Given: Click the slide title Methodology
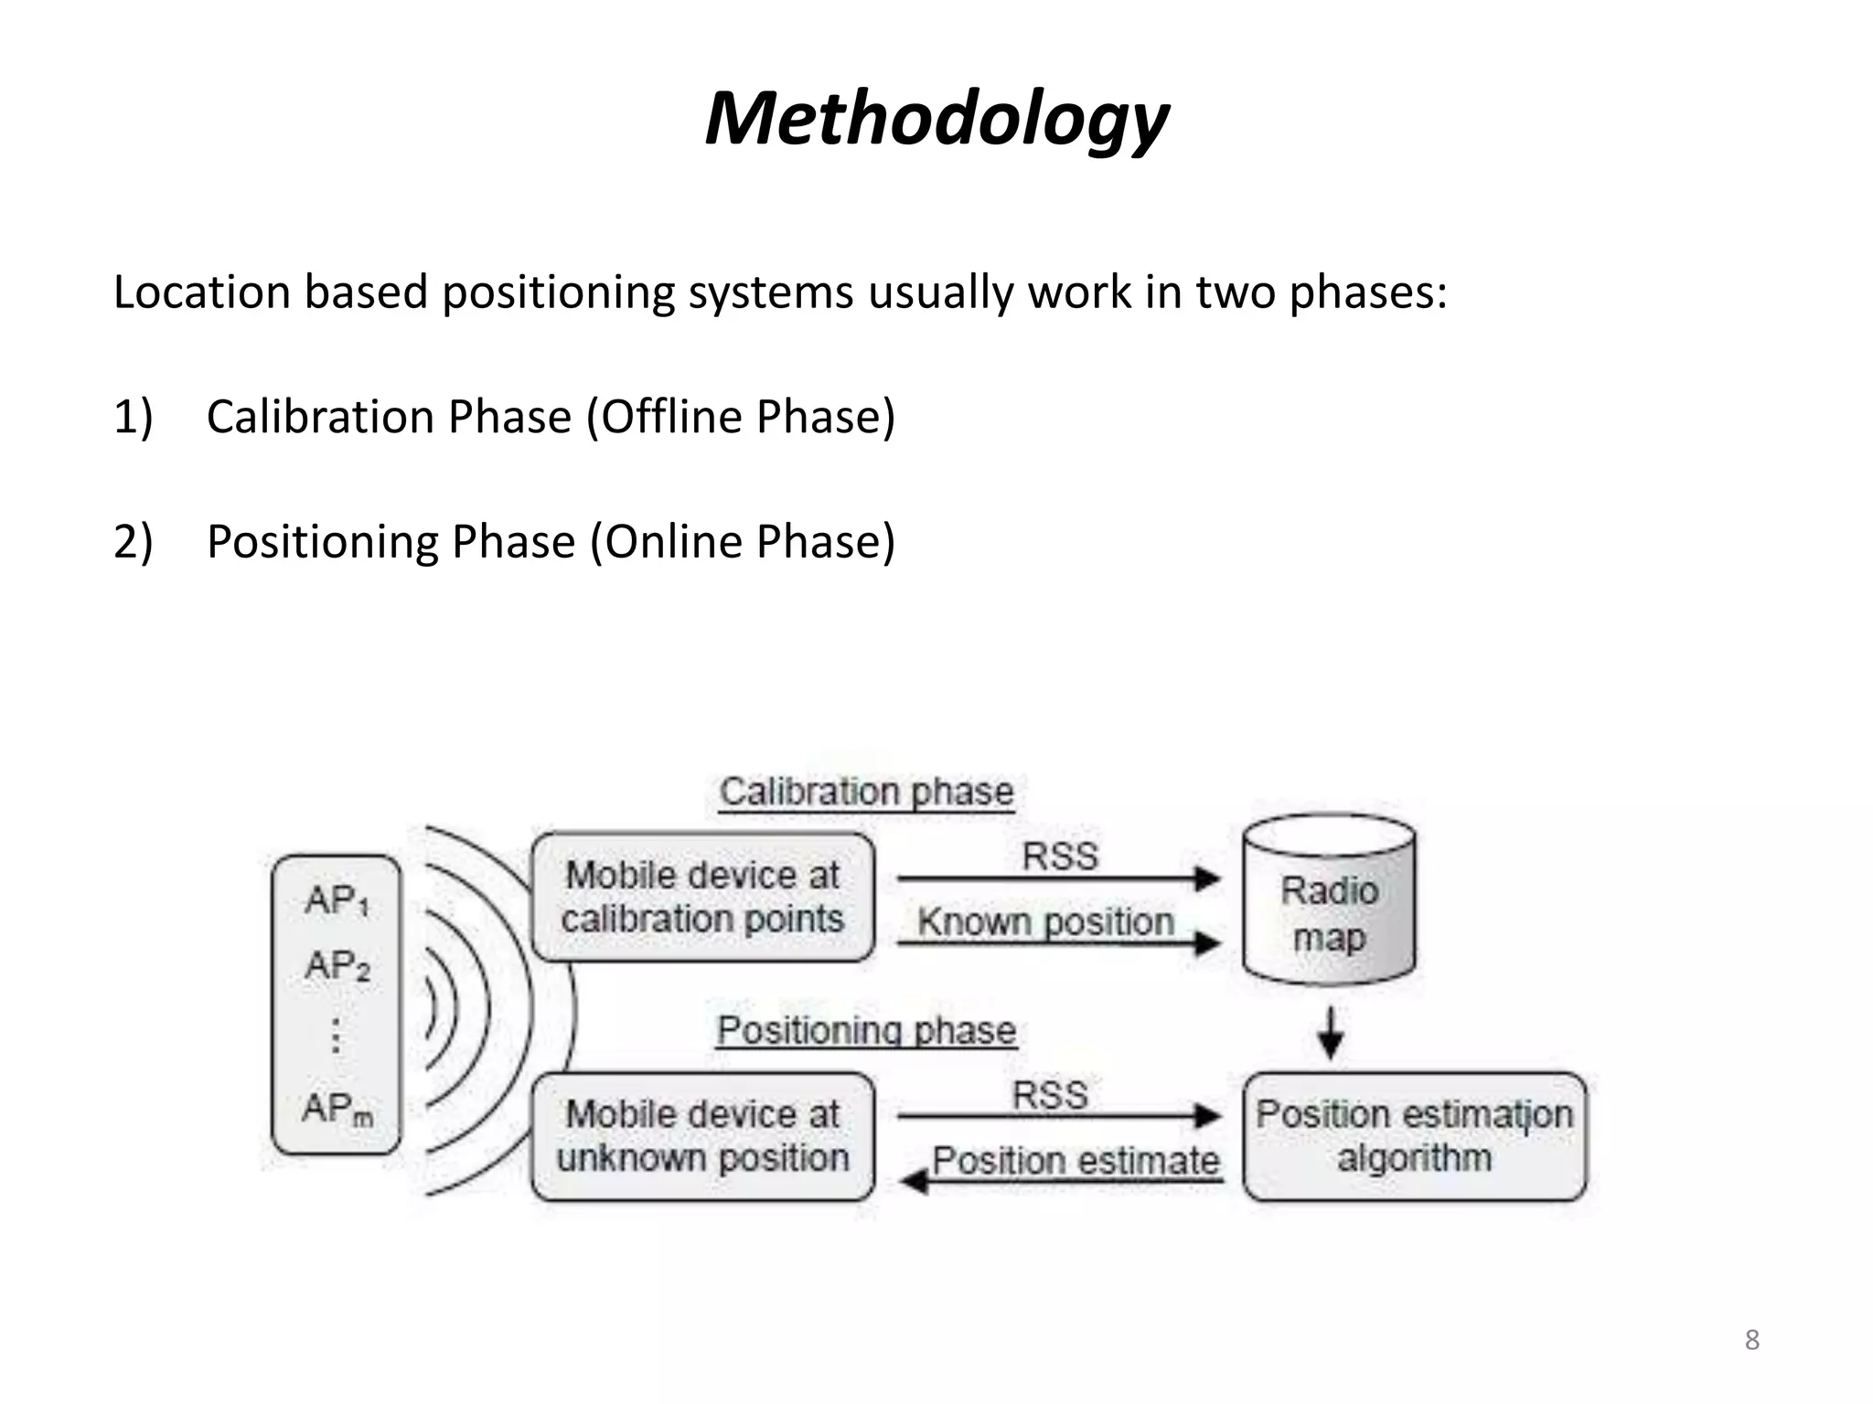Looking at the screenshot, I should point(936,120).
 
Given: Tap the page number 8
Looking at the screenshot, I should point(1751,1339).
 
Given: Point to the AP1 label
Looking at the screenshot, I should point(337,901).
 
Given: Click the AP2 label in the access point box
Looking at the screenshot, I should point(337,966).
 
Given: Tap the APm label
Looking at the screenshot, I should point(337,1109).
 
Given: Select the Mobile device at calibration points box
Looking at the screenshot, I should point(702,897).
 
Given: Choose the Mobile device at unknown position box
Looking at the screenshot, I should point(702,1136).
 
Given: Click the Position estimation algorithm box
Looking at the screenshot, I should point(1414,1136).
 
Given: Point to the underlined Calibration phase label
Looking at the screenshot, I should point(866,792).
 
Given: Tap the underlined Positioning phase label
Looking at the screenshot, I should point(866,1031).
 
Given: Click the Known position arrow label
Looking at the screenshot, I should point(1045,921).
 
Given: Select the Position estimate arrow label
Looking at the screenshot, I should point(1076,1161).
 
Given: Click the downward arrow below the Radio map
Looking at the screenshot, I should point(1330,1034).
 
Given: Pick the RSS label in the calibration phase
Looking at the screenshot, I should point(1059,856).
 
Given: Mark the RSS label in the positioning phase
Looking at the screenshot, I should point(1050,1095).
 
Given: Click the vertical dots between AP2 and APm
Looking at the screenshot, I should point(337,1036).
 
